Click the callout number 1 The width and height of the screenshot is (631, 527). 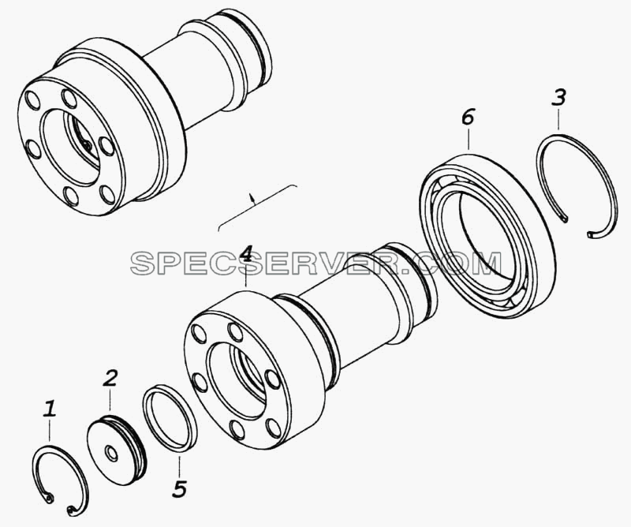tap(50, 408)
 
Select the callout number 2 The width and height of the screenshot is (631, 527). tap(110, 378)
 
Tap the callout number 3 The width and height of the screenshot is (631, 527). tap(558, 98)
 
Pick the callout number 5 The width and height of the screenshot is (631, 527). tap(180, 488)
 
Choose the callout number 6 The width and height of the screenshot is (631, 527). tap(468, 117)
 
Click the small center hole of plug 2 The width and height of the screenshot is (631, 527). tap(110, 453)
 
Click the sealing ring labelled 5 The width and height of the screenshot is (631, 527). tap(170, 419)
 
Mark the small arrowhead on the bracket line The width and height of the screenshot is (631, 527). tap(252, 196)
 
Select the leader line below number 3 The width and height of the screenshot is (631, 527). tap(558, 119)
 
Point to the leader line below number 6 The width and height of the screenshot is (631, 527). tap(469, 139)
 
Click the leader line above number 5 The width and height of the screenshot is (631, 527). tap(180, 465)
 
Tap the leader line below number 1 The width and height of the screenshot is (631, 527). tap(50, 432)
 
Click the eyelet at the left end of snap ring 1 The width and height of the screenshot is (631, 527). tap(49, 499)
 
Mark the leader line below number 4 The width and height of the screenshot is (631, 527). tap(246, 276)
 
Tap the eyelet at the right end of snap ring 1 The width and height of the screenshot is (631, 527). tap(71, 510)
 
